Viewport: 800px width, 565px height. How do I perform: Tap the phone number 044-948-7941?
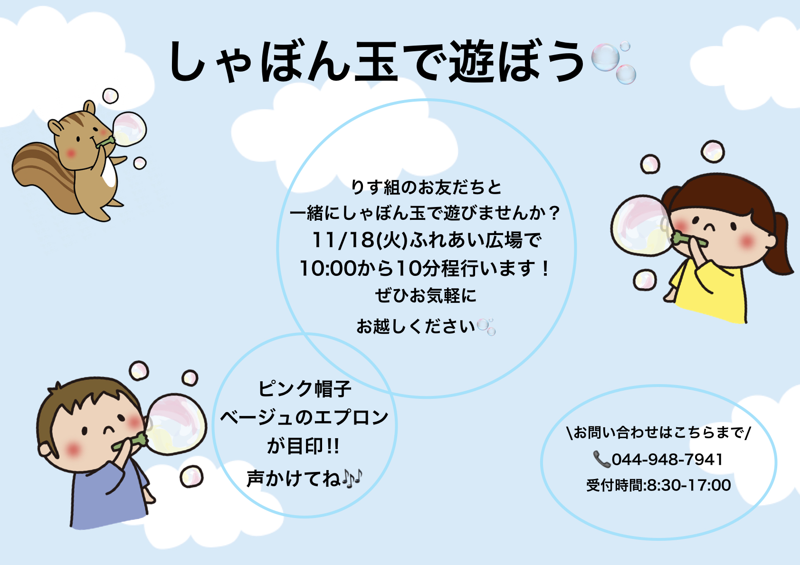(667, 459)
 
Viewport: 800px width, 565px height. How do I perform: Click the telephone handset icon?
(602, 459)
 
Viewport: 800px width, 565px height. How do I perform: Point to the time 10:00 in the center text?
(328, 268)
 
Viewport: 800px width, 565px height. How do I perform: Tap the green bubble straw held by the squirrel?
(105, 141)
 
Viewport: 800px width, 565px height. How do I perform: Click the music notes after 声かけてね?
(352, 478)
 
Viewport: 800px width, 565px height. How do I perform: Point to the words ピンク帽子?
(305, 388)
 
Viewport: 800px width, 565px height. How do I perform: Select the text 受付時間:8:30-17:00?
(658, 485)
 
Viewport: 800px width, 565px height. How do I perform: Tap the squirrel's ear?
(89, 107)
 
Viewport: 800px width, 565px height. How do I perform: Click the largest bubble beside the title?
(605, 57)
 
